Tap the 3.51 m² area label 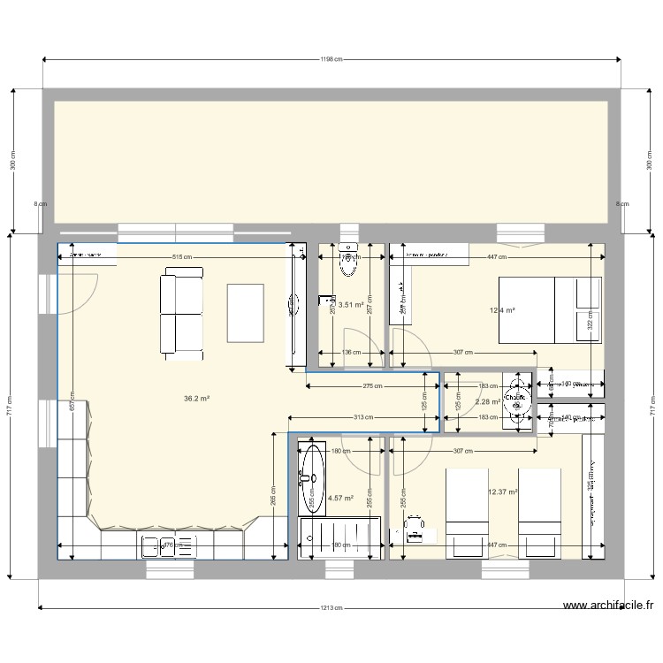point(352,307)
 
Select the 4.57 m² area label point(340,498)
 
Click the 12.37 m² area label point(502,492)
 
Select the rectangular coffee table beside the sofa point(245,313)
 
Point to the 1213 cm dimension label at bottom point(331,608)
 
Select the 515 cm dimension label point(182,257)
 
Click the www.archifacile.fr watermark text point(607,606)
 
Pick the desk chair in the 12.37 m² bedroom point(412,528)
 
